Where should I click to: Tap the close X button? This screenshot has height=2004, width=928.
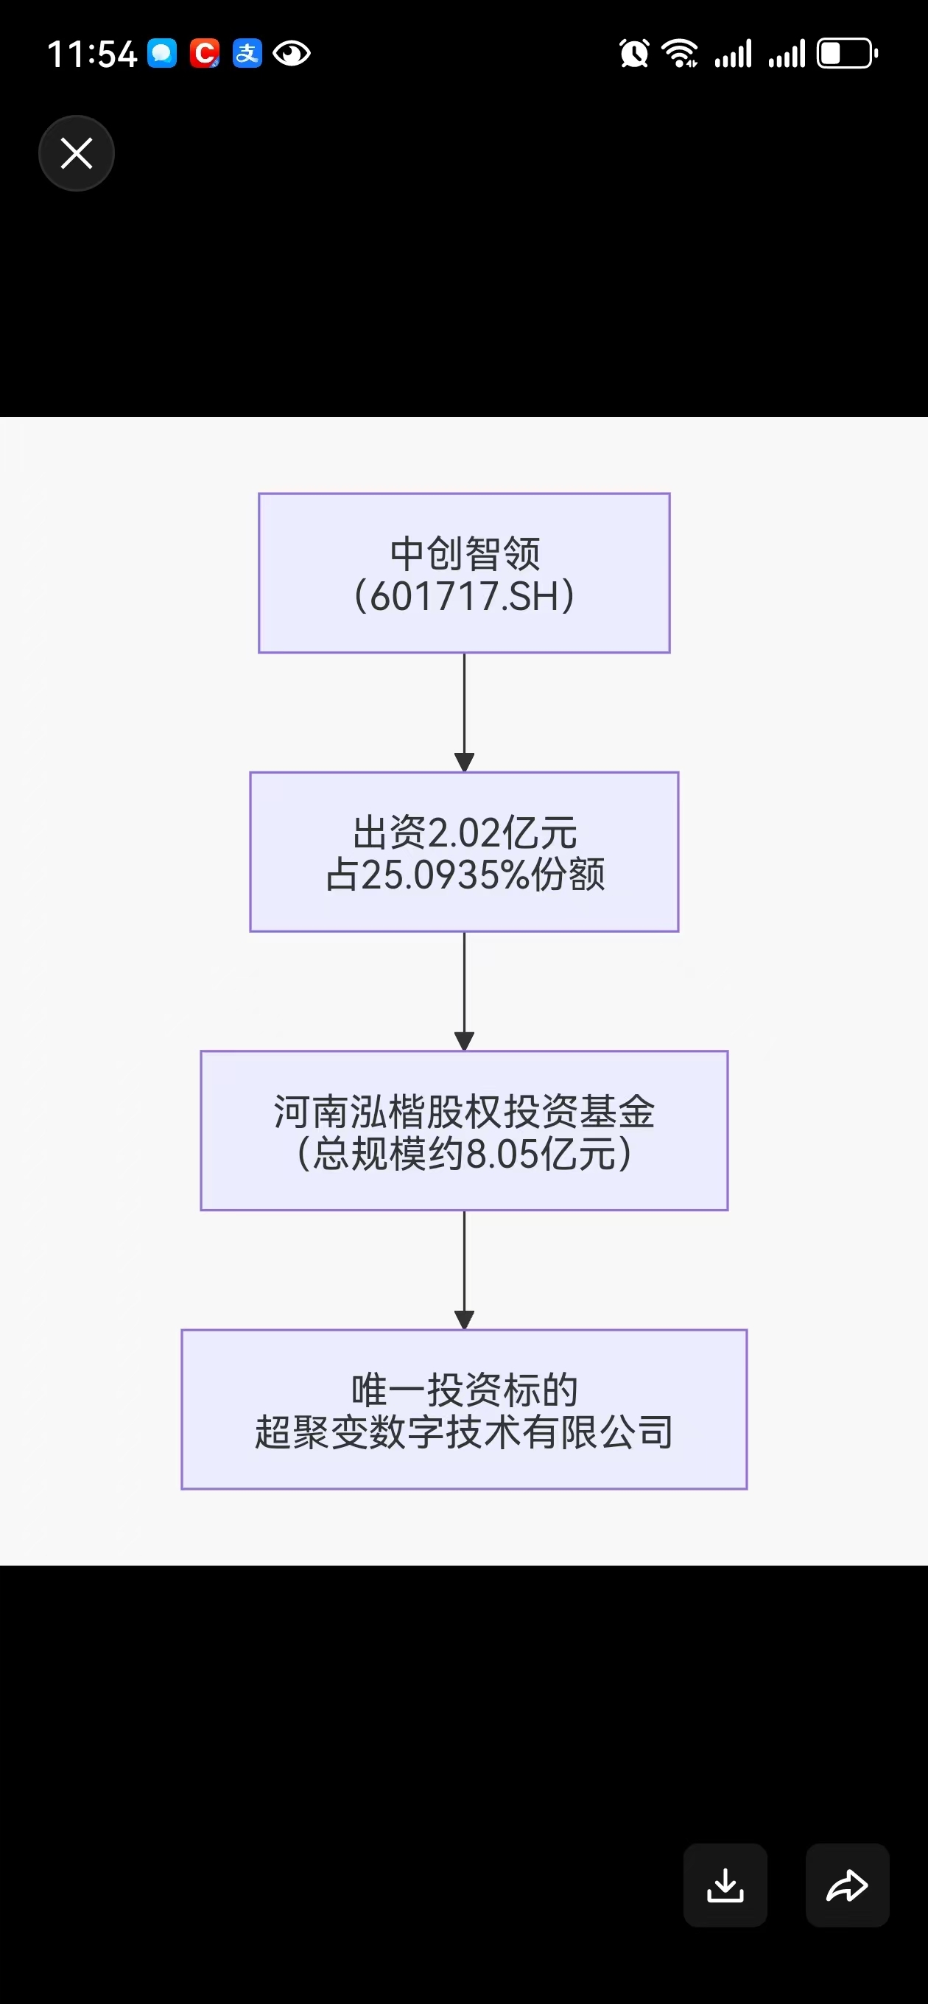click(x=77, y=153)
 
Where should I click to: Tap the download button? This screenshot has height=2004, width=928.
click(x=725, y=1884)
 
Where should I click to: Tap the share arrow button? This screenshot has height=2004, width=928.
click(x=847, y=1884)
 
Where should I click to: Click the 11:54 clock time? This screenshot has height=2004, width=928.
click(x=92, y=55)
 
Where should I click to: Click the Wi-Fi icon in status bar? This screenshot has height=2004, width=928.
click(x=679, y=54)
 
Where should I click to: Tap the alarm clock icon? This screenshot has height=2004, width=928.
click(x=634, y=54)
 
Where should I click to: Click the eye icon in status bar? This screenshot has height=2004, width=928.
click(x=292, y=54)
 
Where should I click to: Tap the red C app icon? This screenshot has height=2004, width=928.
click(x=205, y=54)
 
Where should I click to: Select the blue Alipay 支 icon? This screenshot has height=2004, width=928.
click(x=247, y=54)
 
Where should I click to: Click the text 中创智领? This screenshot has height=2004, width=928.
click(x=465, y=554)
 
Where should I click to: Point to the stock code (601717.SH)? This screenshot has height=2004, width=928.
click(x=465, y=597)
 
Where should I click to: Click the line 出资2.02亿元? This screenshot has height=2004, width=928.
click(x=465, y=833)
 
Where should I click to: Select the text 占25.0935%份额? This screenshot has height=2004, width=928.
click(x=465, y=875)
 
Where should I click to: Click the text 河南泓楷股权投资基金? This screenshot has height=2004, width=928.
click(x=465, y=1112)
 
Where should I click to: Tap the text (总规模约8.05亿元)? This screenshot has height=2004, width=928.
click(x=465, y=1154)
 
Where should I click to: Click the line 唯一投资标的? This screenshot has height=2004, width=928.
click(x=465, y=1390)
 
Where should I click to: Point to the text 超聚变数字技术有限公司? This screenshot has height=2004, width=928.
click(x=465, y=1432)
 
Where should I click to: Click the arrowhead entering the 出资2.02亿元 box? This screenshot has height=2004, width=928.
click(x=465, y=763)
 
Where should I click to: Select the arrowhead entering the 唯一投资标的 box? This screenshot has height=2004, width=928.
click(x=465, y=1320)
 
